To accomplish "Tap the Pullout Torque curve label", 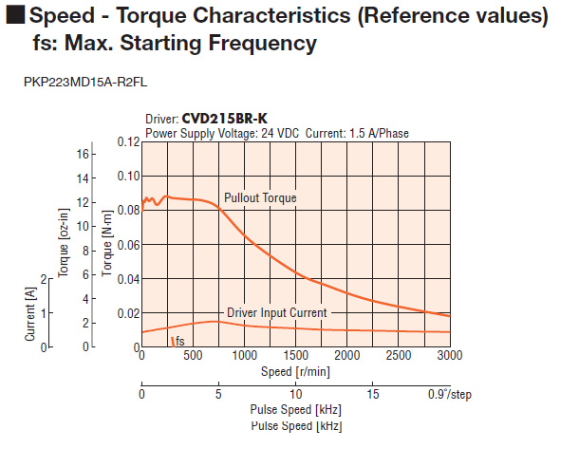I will [x=260, y=198].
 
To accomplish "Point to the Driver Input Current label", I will [x=276, y=312].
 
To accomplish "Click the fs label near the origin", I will [x=177, y=341].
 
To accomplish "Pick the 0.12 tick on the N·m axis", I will [x=127, y=141].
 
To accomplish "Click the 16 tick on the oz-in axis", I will [x=83, y=154].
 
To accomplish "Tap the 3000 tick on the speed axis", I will [x=450, y=355].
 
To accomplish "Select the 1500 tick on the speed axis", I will [x=295, y=355].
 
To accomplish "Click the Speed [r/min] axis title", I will [x=295, y=370].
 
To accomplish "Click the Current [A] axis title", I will [x=30, y=311].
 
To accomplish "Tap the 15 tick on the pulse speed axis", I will [x=373, y=394].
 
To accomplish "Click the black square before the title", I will [x=12, y=16].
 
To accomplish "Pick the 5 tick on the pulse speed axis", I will [x=218, y=394].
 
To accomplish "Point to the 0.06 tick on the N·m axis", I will [x=127, y=244].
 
